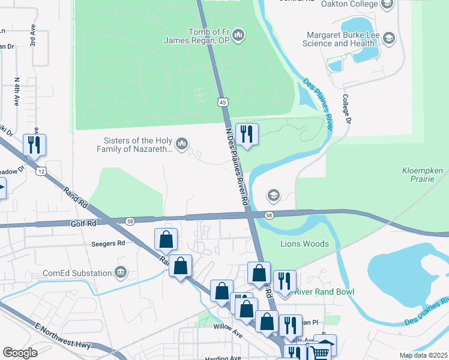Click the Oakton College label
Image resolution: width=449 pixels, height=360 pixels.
(348, 5)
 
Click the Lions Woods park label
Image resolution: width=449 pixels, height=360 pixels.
(304, 244)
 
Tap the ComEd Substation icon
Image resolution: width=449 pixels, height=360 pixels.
(122, 272)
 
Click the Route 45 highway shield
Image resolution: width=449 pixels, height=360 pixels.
(223, 103)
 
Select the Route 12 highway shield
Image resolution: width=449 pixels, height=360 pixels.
(41, 172)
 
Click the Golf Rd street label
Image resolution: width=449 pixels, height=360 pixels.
(83, 224)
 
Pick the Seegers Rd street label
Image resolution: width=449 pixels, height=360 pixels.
(108, 244)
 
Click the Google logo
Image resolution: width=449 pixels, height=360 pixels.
(20, 353)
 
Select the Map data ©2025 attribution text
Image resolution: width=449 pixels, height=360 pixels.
(423, 355)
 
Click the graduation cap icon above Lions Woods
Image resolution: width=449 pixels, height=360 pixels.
(274, 196)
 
